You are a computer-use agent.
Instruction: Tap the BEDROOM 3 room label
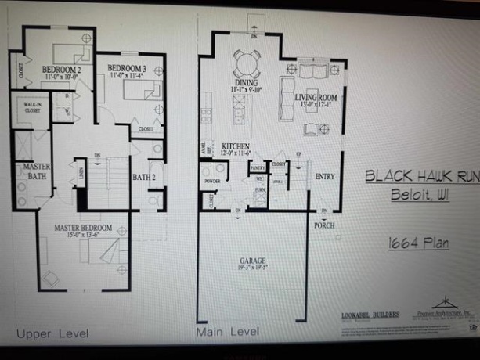pos(127,67)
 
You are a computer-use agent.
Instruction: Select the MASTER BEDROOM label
pos(82,228)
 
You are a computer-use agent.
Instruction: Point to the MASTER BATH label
pos(36,172)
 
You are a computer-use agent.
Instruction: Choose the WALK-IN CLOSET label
pos(32,108)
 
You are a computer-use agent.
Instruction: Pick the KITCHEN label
pos(236,146)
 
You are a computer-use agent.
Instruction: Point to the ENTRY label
pos(325,177)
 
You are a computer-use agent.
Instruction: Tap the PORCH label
pos(324,225)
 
